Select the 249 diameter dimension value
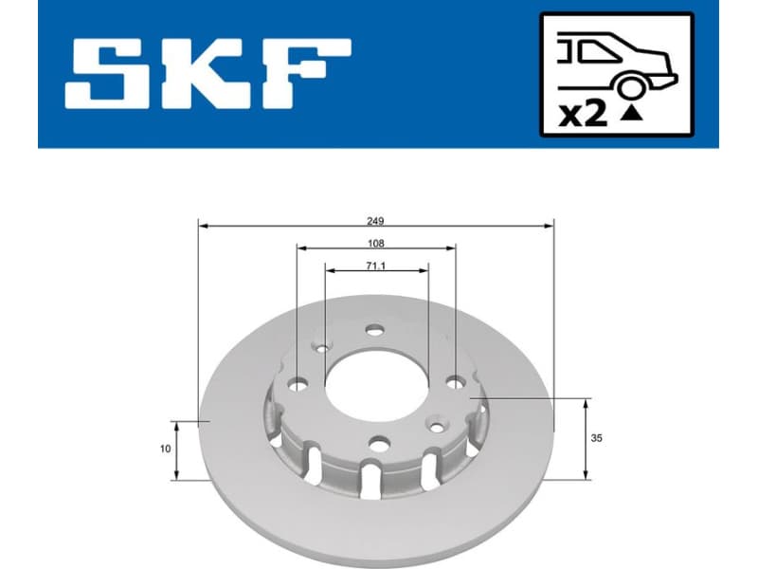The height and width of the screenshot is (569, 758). (x=376, y=220)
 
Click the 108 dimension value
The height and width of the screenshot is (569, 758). (x=376, y=243)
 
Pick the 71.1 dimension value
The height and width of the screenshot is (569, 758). (x=376, y=266)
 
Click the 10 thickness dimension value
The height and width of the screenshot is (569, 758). (x=166, y=449)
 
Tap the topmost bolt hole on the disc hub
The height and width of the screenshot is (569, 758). (x=376, y=330)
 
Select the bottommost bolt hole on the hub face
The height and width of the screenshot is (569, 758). (x=380, y=443)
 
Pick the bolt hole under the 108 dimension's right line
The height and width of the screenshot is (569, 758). (x=456, y=383)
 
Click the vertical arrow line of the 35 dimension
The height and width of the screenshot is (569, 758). (x=587, y=438)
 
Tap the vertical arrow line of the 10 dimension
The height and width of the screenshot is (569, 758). (x=175, y=450)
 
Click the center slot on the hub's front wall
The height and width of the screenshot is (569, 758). (x=370, y=478)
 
